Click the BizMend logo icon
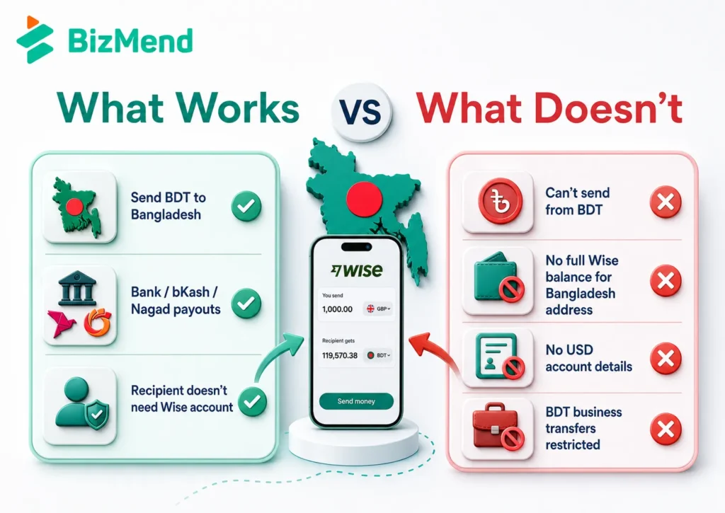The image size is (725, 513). click(35, 40)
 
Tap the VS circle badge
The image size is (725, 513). click(362, 111)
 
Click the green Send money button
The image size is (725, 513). click(356, 401)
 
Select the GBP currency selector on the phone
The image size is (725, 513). click(378, 309)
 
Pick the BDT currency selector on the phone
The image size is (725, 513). click(378, 355)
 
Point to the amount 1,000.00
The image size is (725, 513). click(337, 309)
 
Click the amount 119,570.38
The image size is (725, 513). click(340, 355)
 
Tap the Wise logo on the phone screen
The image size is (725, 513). click(357, 270)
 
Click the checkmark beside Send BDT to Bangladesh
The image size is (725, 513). click(246, 206)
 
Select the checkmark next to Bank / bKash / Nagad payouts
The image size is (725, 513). click(246, 303)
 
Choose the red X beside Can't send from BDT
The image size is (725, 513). click(666, 202)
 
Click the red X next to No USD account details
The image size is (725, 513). click(666, 358)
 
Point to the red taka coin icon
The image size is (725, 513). click(500, 202)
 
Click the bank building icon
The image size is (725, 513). click(77, 289)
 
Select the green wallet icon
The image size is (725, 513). click(498, 277)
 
